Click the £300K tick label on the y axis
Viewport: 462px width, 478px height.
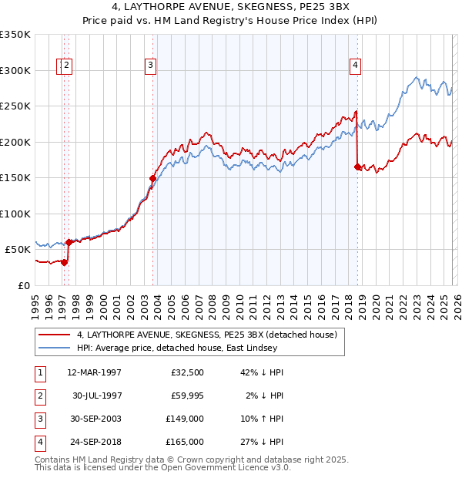[x=15, y=70]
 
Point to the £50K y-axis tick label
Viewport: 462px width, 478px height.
[x=18, y=250]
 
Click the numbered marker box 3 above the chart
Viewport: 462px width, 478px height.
[x=151, y=66]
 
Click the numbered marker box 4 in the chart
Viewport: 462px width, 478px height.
[x=355, y=66]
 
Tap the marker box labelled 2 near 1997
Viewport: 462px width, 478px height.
[x=67, y=66]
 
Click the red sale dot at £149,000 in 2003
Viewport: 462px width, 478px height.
[x=152, y=178]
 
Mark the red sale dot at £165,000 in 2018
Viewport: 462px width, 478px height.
[x=357, y=167]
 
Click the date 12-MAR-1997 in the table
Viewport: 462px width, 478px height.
[x=94, y=372]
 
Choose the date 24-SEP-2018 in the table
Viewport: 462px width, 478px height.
[x=94, y=442]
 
